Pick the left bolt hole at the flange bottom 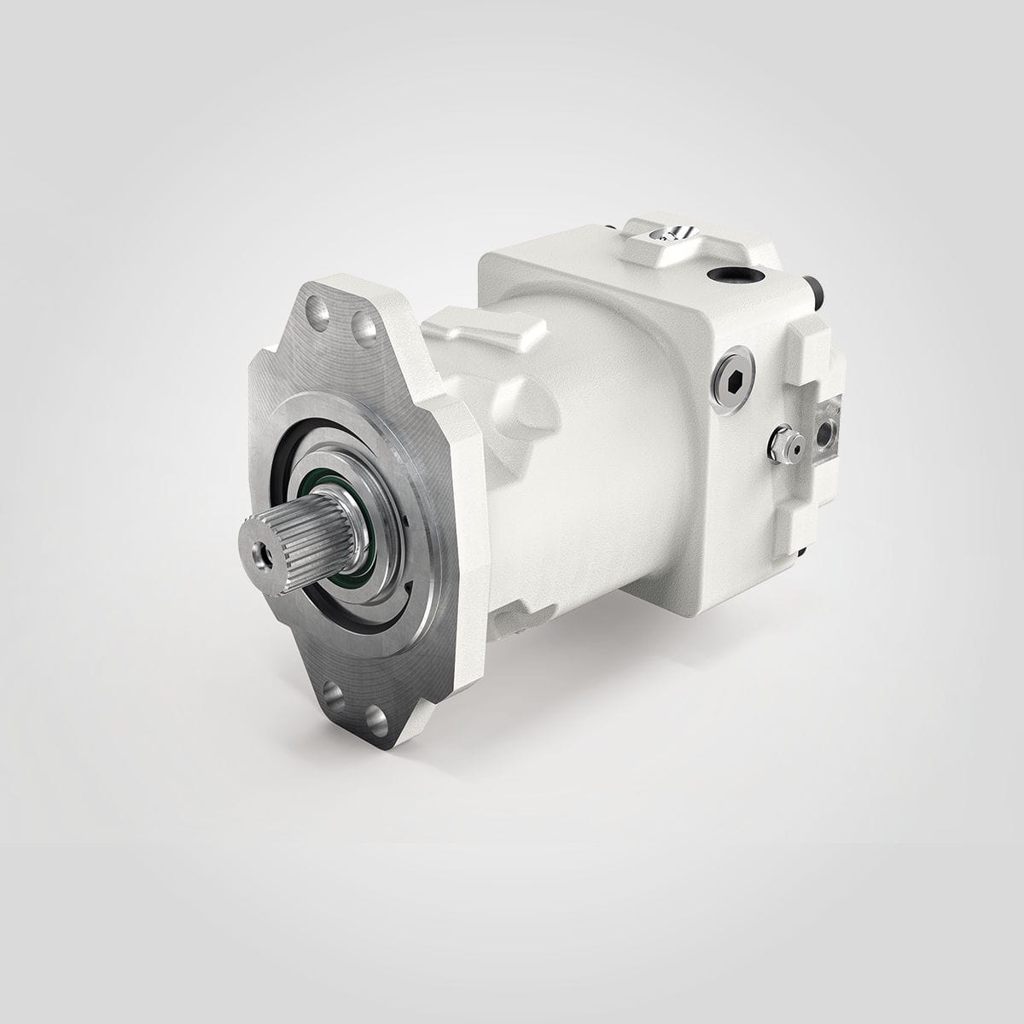point(334,689)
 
